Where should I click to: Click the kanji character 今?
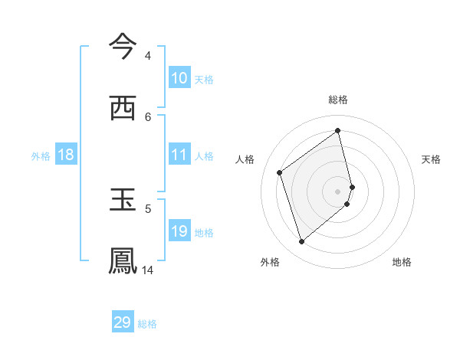tap(123, 46)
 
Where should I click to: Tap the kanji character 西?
tap(123, 108)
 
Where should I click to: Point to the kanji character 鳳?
tap(123, 260)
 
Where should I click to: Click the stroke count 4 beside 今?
tap(148, 56)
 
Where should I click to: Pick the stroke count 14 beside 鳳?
tap(148, 270)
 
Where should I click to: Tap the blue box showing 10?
tap(179, 78)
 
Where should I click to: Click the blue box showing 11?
tap(179, 155)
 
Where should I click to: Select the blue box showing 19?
tap(179, 231)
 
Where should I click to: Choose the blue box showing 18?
tap(66, 155)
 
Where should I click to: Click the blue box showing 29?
tap(123, 322)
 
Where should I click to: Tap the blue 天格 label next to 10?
tap(204, 80)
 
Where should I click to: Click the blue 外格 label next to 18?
tap(41, 156)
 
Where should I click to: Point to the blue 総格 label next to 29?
tap(147, 324)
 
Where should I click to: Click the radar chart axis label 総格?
tap(338, 100)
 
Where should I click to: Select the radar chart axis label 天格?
tap(431, 159)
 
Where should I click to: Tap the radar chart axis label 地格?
tap(402, 262)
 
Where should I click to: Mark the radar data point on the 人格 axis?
tap(280, 172)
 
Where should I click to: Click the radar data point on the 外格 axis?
tap(301, 242)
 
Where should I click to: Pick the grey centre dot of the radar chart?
tap(338, 191)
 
